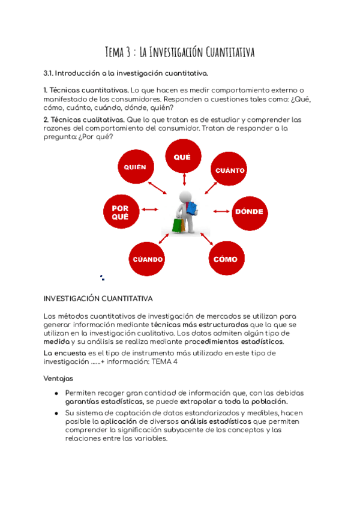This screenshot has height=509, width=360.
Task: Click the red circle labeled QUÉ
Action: (182, 157)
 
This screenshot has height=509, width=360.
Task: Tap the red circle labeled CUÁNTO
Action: (230, 170)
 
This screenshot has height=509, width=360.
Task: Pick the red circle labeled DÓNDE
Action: (249, 212)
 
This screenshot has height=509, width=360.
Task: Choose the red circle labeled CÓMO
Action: (226, 259)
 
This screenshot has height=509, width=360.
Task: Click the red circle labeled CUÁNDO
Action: (148, 259)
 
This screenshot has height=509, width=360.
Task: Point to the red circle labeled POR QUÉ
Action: (120, 212)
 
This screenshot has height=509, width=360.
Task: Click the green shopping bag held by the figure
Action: (177, 225)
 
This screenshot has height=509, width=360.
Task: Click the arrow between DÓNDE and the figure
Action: (221, 211)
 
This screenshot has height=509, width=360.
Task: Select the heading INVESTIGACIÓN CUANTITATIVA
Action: (98, 298)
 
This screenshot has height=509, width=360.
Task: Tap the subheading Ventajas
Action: (58, 379)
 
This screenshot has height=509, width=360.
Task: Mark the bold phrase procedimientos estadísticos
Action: (234, 342)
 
